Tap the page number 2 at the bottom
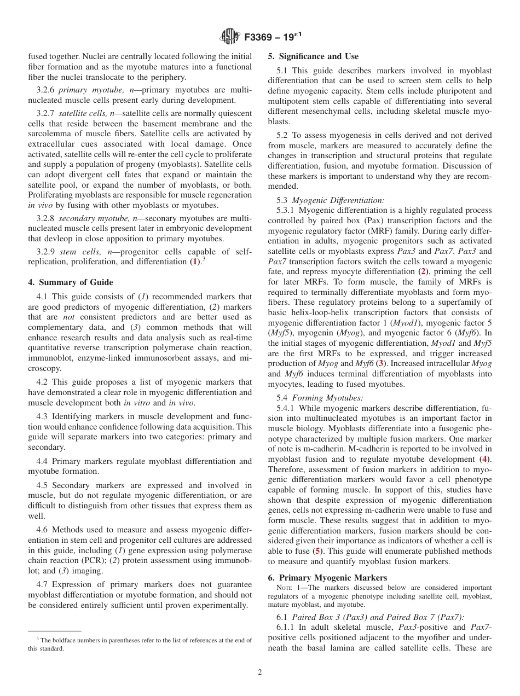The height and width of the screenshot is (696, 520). pos(260,672)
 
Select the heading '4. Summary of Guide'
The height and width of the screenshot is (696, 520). pos(71,282)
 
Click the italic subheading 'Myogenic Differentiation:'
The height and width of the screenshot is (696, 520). pos(338,200)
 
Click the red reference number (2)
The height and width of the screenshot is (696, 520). pos(423,271)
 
